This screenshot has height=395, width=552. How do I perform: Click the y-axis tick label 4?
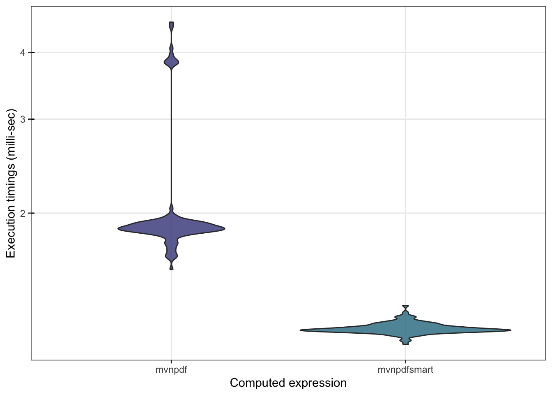[23, 53]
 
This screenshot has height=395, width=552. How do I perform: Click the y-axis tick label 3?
[23, 119]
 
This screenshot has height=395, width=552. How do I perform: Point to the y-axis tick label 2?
[23, 213]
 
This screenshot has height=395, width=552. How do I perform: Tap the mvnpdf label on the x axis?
[171, 369]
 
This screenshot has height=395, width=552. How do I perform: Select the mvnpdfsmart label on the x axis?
[405, 369]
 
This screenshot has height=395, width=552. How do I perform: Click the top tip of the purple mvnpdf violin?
[171, 23]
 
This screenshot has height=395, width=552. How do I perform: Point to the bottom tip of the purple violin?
[171, 269]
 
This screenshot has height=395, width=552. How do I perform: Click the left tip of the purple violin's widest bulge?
[119, 228]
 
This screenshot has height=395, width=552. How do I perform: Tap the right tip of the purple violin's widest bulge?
[224, 228]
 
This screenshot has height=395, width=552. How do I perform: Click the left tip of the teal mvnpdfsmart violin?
[301, 330]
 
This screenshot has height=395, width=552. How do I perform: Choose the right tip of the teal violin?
[510, 330]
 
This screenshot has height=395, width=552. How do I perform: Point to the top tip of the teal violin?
[405, 307]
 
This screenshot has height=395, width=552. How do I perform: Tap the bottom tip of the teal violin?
[405, 344]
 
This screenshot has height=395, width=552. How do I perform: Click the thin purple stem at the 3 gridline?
[171, 119]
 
